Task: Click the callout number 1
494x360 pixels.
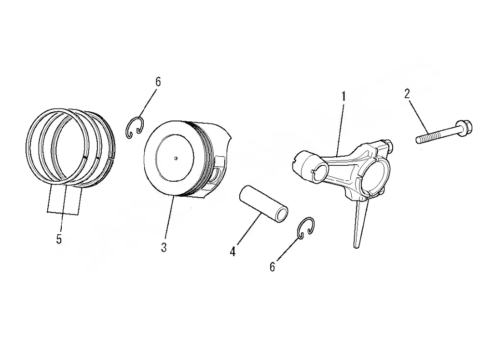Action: click(x=343, y=96)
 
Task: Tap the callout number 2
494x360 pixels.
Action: click(x=407, y=93)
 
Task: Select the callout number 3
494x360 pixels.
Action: click(x=164, y=247)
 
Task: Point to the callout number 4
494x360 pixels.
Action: click(x=233, y=252)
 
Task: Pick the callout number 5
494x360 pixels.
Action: click(x=59, y=239)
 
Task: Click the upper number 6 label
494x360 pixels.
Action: click(x=158, y=82)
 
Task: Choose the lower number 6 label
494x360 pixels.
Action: click(x=272, y=267)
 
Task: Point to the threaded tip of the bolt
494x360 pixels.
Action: click(x=420, y=139)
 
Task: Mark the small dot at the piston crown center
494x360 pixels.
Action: click(x=176, y=158)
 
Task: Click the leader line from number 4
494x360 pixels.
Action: click(x=248, y=229)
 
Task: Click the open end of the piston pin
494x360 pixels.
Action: click(x=281, y=215)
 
